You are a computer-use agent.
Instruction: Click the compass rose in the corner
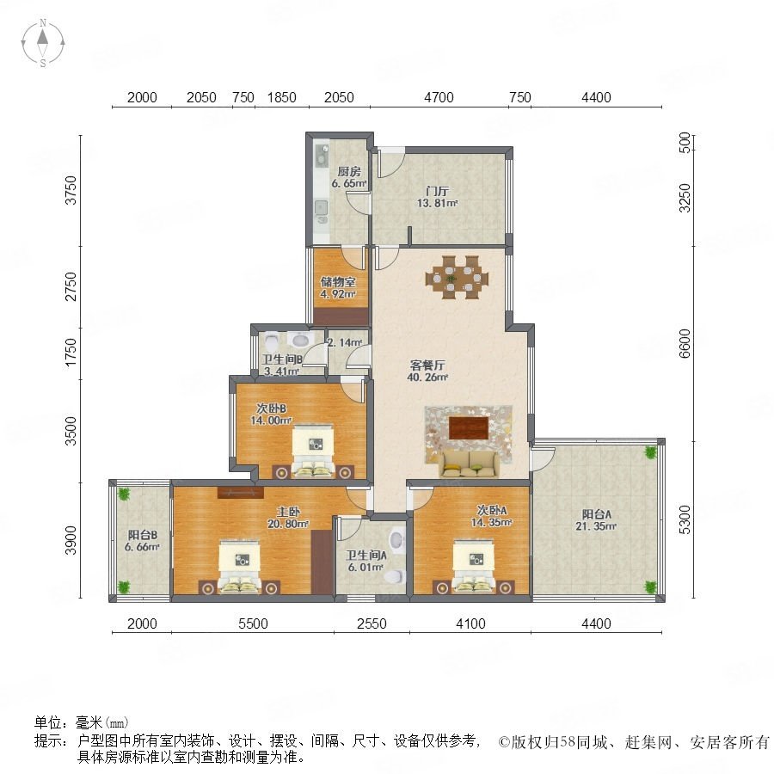(x=43, y=43)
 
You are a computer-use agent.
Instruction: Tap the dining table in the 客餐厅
(x=458, y=278)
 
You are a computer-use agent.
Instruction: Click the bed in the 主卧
(x=240, y=567)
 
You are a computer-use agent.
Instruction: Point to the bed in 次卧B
(x=313, y=451)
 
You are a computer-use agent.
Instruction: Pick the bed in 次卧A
(x=474, y=567)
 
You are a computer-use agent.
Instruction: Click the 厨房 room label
(x=349, y=172)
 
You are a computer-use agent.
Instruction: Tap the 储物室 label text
(x=338, y=282)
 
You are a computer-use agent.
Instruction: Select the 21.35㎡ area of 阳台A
(x=596, y=526)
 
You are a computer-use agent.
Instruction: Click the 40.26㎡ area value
(x=427, y=378)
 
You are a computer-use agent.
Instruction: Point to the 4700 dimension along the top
(x=439, y=97)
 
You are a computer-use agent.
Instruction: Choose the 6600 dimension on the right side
(x=685, y=343)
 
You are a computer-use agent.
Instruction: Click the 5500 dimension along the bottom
(x=253, y=623)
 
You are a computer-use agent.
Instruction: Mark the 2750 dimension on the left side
(x=72, y=286)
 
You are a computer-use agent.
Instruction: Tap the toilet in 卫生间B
(x=271, y=341)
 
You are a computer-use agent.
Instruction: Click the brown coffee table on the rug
(x=469, y=427)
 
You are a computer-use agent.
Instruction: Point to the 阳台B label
(x=143, y=535)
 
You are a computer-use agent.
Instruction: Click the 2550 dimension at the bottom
(x=372, y=623)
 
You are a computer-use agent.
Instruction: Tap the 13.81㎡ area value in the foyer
(x=438, y=203)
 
